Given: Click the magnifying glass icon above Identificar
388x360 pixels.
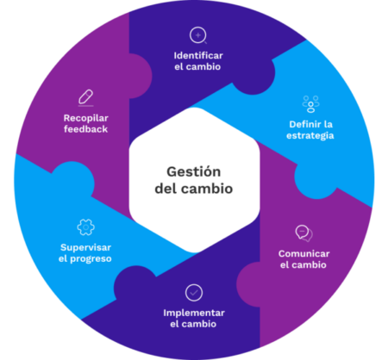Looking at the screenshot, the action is [x=198, y=35].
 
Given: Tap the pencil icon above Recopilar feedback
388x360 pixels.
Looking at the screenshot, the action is [x=86, y=98].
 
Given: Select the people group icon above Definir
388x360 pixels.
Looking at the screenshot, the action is [x=310, y=104].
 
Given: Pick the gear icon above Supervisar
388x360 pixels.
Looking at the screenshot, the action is [x=85, y=227].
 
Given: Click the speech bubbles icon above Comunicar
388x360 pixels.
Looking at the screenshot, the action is [x=304, y=233].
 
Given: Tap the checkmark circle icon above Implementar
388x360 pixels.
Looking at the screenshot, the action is [x=194, y=293].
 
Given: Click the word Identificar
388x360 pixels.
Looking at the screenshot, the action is [x=198, y=55].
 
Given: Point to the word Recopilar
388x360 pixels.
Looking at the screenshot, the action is [x=86, y=118].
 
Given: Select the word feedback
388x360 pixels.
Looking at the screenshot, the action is [x=85, y=129].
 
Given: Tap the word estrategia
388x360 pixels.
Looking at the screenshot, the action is [x=310, y=135].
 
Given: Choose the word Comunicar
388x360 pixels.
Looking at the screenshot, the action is [x=304, y=254].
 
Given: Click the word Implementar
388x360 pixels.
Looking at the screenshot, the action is [x=194, y=313].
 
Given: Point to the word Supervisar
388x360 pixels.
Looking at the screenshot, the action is [x=85, y=247].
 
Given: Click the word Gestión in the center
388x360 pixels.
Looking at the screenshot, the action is [x=194, y=171].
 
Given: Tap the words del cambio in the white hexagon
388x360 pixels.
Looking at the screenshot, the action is [x=194, y=189].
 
